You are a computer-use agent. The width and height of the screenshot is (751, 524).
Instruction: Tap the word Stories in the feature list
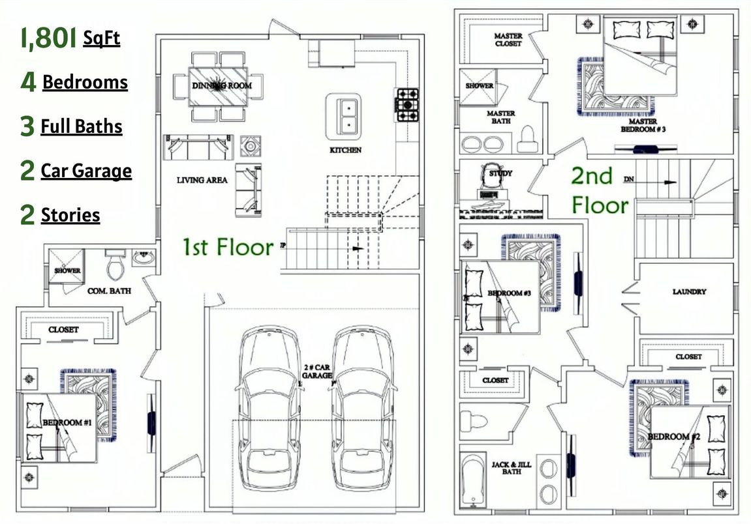(70, 215)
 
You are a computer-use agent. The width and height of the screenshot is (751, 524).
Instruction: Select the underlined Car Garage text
(86, 171)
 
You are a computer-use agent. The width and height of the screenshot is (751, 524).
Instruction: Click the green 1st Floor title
(227, 248)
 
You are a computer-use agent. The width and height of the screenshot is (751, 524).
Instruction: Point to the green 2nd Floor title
(600, 190)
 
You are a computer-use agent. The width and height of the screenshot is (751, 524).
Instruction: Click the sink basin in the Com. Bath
(144, 258)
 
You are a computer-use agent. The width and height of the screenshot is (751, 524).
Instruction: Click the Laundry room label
(689, 292)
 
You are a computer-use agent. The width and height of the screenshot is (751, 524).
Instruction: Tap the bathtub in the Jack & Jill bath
(472, 480)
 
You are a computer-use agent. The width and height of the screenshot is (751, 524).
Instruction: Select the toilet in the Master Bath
(527, 139)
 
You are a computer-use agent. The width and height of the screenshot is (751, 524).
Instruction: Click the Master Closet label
(508, 40)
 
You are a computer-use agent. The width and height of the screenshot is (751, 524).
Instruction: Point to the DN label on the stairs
(628, 179)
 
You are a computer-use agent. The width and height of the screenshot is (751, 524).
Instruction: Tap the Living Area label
(202, 180)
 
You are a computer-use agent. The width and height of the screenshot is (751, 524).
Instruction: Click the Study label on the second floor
(500, 173)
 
